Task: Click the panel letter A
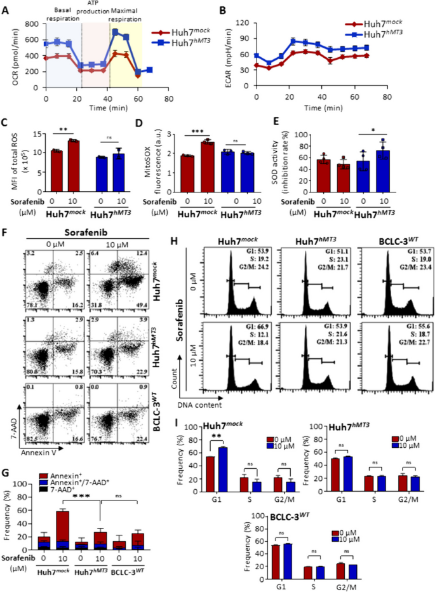tap(6, 8)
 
